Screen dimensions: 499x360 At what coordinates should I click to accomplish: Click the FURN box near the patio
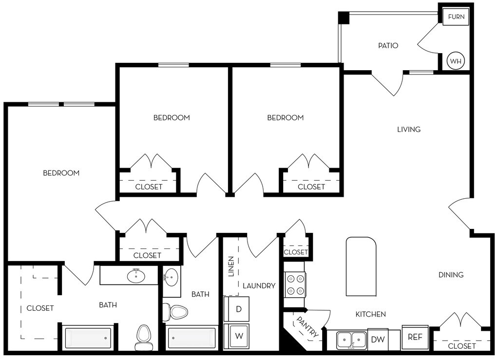(456, 17)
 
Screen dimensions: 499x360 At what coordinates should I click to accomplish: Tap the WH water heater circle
(456, 61)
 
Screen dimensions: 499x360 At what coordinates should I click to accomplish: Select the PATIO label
(388, 46)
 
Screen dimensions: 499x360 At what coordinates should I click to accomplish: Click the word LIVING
(409, 130)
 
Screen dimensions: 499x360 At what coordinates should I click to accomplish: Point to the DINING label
(451, 275)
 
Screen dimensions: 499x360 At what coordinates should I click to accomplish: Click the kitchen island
(361, 266)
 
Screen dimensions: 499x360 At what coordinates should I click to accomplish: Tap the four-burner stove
(295, 284)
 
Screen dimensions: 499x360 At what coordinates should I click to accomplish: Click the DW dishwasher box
(378, 340)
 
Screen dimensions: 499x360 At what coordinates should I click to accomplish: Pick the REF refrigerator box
(415, 337)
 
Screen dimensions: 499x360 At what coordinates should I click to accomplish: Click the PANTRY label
(307, 327)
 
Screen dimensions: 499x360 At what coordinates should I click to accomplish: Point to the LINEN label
(231, 266)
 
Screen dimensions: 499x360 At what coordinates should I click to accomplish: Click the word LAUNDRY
(259, 286)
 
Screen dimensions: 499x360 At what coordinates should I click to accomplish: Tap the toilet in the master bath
(143, 338)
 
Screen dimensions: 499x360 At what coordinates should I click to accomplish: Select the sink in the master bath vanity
(136, 276)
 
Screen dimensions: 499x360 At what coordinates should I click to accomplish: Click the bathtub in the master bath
(88, 338)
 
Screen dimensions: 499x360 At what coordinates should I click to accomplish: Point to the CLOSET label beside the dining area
(461, 346)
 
